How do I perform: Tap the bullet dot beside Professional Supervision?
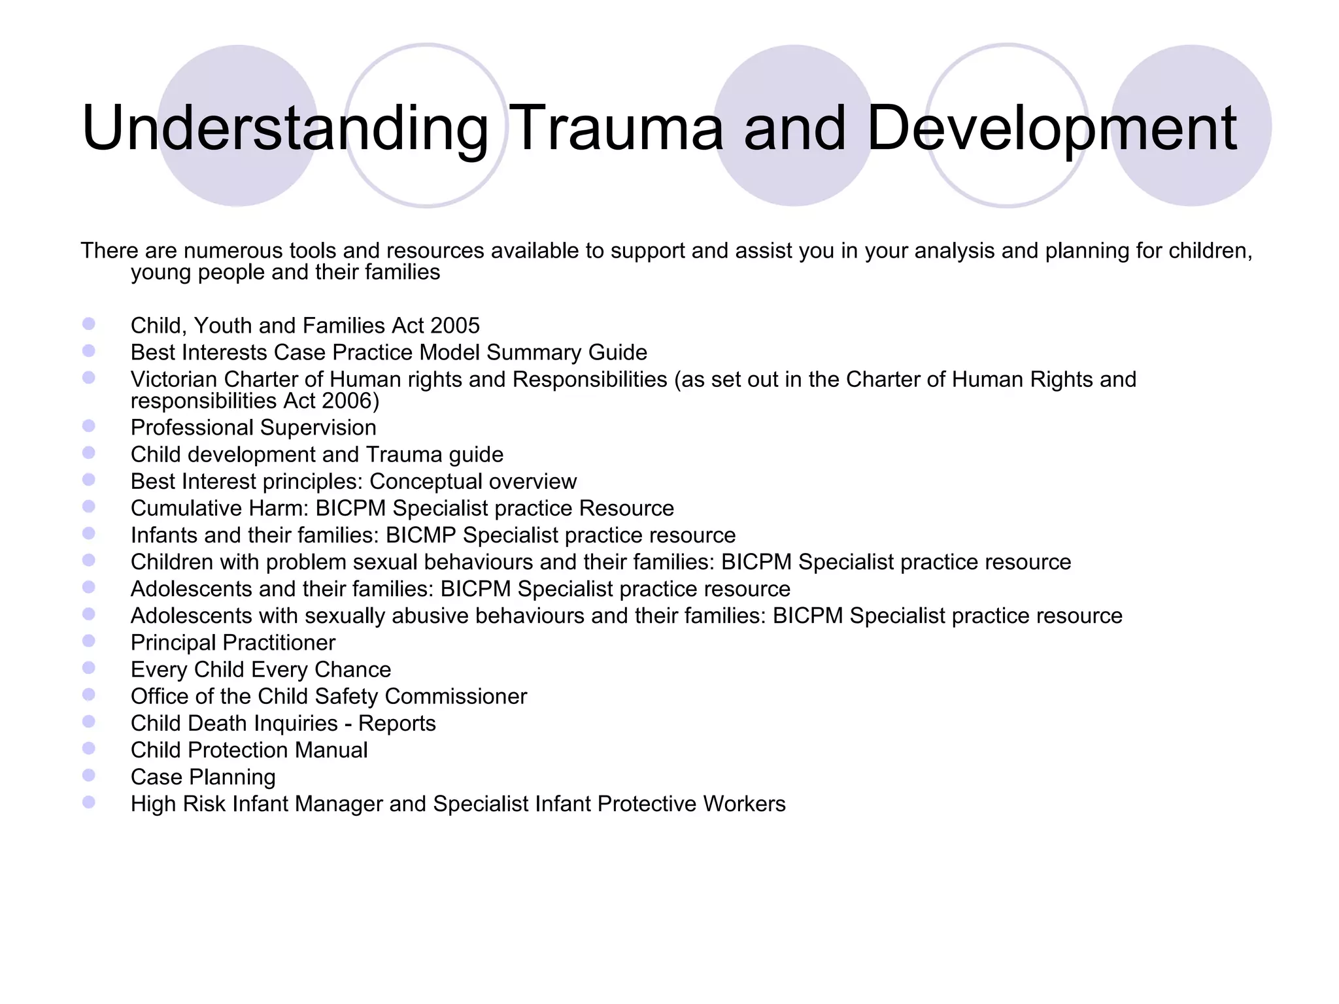(x=89, y=426)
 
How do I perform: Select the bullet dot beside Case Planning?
(x=89, y=775)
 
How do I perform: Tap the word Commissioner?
(x=456, y=696)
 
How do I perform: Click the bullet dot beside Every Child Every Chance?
(x=89, y=668)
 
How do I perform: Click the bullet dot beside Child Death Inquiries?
(x=89, y=722)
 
